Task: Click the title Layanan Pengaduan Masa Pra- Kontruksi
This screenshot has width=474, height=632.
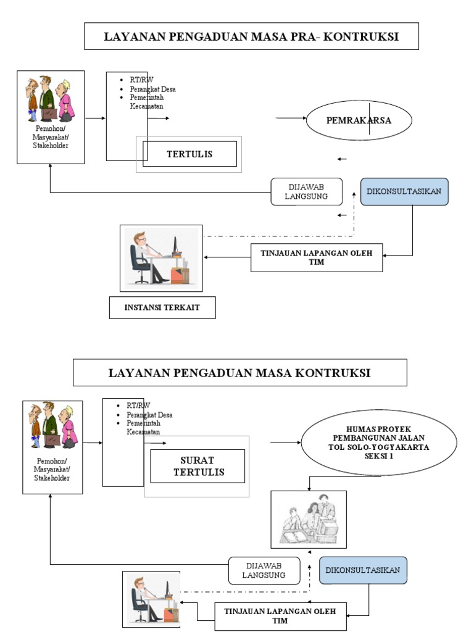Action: coord(251,36)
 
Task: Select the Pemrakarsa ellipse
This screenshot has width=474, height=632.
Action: coord(359,120)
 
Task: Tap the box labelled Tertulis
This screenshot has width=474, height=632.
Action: coord(189,154)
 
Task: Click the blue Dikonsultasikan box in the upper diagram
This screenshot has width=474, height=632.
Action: coord(404,191)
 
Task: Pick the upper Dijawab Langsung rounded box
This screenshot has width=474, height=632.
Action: coord(307,192)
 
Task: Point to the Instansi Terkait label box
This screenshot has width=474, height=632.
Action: coord(162,307)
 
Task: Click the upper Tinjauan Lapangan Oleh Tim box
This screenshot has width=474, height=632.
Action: coord(316,257)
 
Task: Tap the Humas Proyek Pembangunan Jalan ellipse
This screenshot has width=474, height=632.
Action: coord(378,443)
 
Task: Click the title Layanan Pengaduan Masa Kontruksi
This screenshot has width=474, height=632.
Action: coord(239,373)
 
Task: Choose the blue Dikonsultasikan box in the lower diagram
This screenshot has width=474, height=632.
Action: coord(363,570)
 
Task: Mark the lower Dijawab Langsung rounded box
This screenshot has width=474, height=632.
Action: coord(264,570)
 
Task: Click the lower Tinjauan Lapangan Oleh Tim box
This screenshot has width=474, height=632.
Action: coord(280,615)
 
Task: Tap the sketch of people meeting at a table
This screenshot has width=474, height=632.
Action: coord(309,519)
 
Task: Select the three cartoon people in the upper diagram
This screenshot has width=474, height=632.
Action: coord(50,99)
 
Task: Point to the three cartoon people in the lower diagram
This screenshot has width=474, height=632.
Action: coord(52,425)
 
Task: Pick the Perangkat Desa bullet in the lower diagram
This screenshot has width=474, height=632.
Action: coord(149,415)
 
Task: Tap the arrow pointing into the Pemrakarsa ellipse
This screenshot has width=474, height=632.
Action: coord(290,118)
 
